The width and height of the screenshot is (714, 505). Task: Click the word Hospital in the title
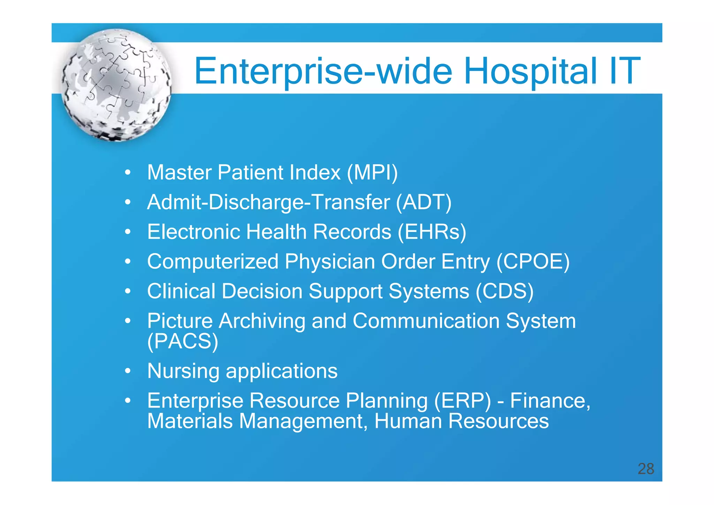click(x=530, y=71)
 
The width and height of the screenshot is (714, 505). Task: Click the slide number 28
click(x=646, y=469)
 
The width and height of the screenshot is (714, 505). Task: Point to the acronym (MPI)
click(x=372, y=173)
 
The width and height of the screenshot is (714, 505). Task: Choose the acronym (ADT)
click(x=424, y=202)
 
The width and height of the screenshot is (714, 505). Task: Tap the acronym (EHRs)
click(x=432, y=232)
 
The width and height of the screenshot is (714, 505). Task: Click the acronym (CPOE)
click(x=533, y=262)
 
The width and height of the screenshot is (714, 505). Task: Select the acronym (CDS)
click(x=504, y=291)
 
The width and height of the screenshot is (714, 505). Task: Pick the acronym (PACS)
click(x=183, y=341)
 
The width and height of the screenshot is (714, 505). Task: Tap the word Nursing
click(x=183, y=371)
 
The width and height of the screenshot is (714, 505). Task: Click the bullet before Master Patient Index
click(x=128, y=173)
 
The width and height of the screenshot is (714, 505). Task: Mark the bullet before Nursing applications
click(x=128, y=371)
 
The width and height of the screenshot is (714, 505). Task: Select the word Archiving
click(x=262, y=321)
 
